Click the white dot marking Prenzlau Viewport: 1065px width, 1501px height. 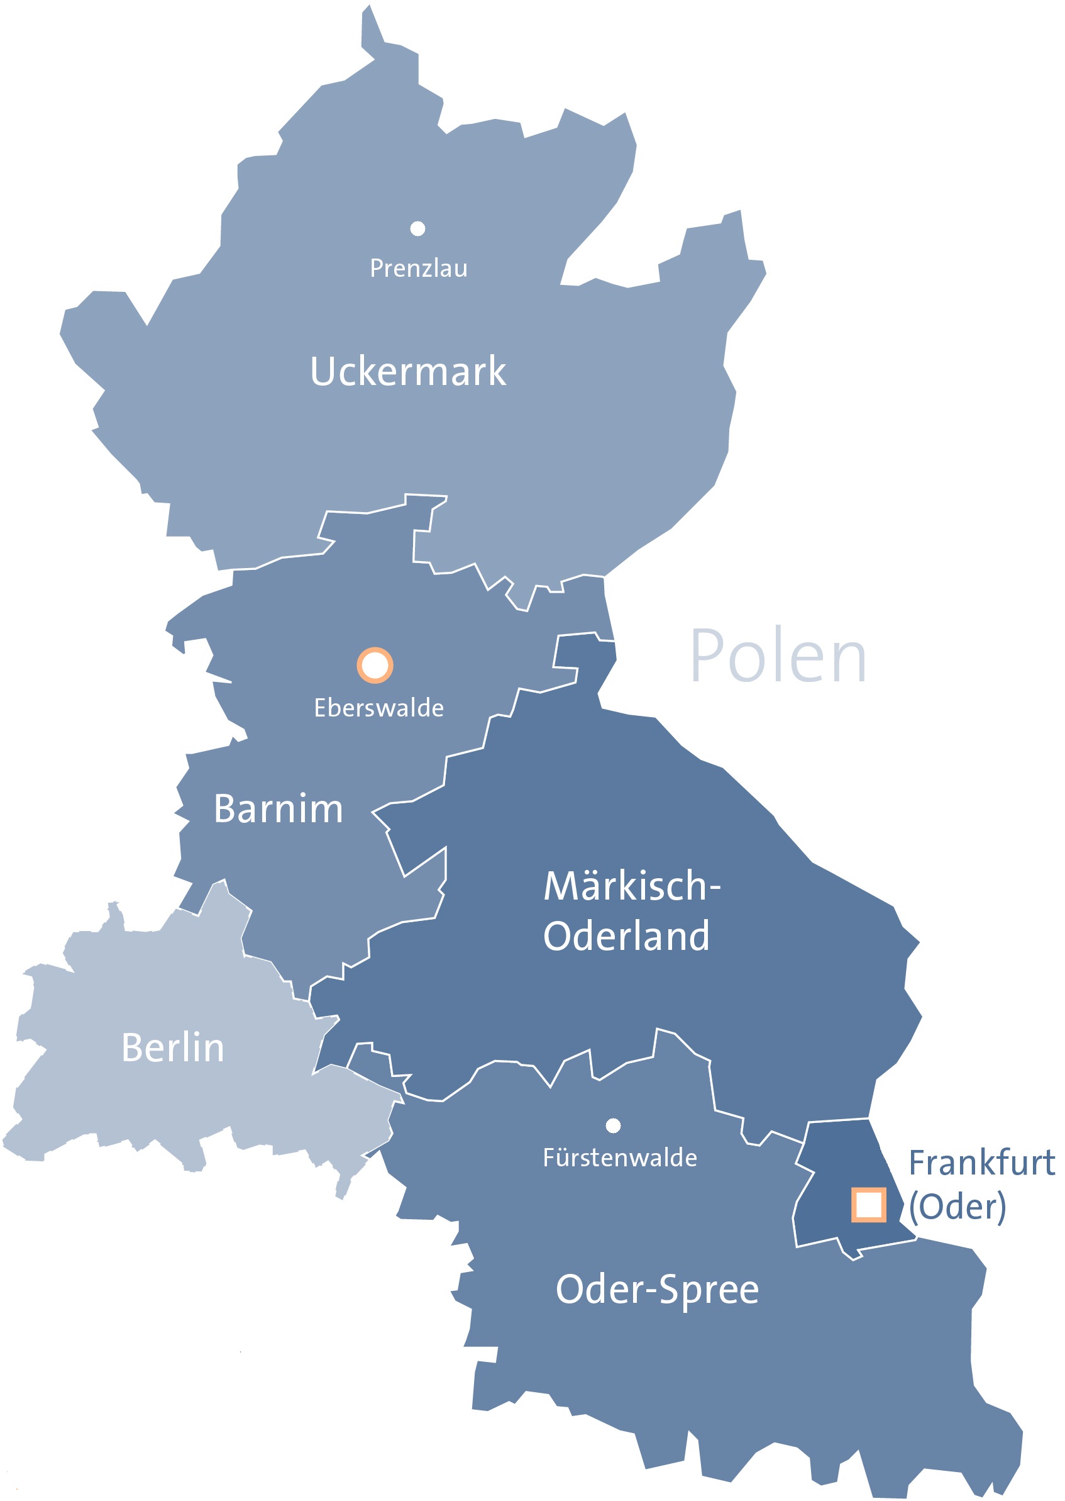coord(417,228)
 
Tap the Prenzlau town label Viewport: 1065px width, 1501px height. coord(419,269)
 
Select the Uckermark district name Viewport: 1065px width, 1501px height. coord(408,371)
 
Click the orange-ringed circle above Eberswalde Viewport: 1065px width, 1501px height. coord(375,665)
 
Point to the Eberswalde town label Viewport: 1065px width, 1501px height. coord(378,708)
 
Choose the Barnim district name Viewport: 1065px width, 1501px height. coord(278,808)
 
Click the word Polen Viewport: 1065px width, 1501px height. coord(778,656)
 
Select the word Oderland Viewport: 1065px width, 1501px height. coord(626,935)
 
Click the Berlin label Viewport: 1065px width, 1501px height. coord(172,1047)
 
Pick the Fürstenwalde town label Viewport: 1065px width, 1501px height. coord(620,1158)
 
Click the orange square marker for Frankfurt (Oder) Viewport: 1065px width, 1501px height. coord(868,1205)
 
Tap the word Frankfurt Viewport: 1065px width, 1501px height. coord(981,1163)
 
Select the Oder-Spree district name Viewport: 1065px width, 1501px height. coord(657,1290)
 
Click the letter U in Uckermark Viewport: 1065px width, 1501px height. coord(323,371)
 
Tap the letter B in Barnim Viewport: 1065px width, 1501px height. coord(225,808)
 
